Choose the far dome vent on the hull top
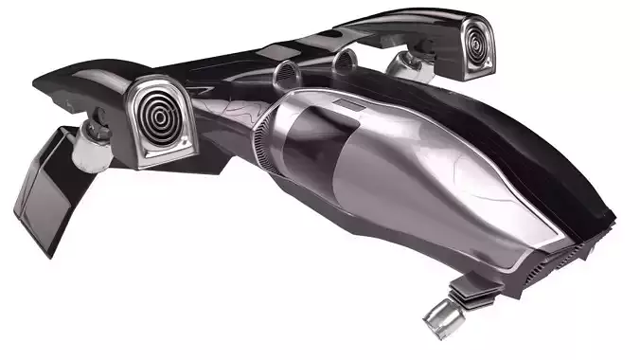pyautogui.click(x=345, y=63)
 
